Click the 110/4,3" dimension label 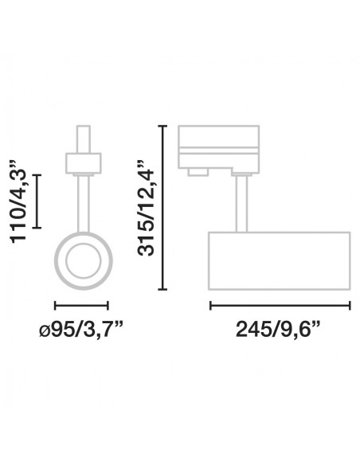click(18, 201)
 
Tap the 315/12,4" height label click(146, 208)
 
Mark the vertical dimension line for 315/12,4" click(162, 208)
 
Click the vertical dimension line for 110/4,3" click(37, 201)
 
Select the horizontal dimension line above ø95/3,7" click(81, 305)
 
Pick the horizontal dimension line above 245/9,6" click(280, 305)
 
